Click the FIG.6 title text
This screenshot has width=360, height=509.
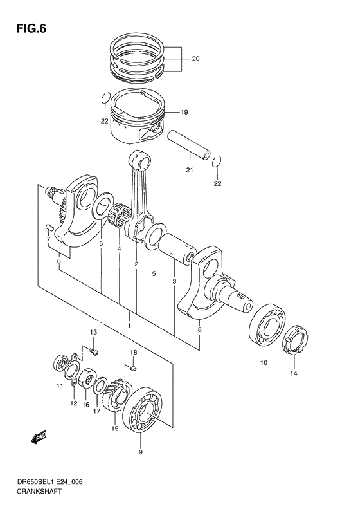(28, 29)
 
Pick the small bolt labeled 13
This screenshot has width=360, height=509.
(94, 351)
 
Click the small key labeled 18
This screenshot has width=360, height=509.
(132, 369)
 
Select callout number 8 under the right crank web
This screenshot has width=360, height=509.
(199, 329)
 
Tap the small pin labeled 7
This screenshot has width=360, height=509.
(49, 228)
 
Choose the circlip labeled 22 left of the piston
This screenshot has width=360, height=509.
(104, 98)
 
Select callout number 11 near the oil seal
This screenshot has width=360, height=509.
(59, 386)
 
